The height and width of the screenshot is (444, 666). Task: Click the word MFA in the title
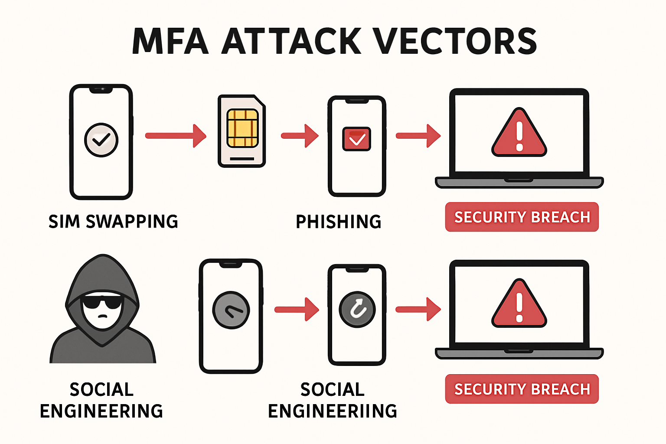[170, 42]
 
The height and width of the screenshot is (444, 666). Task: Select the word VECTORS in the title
[455, 42]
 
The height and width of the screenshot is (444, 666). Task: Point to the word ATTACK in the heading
[291, 42]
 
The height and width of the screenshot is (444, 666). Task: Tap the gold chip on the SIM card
[242, 128]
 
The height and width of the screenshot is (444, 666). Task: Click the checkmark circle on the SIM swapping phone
[101, 140]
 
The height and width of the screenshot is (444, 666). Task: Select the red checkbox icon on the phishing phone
[356, 139]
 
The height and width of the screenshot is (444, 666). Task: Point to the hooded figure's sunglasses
[102, 301]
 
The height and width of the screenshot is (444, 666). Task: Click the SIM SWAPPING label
[113, 222]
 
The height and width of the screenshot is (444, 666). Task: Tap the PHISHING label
[338, 222]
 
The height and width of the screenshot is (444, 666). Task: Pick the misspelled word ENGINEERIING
[333, 411]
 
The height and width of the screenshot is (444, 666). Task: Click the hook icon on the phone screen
[357, 310]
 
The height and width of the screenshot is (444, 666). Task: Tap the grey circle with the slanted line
[231, 310]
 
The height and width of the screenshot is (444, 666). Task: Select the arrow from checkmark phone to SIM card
[175, 136]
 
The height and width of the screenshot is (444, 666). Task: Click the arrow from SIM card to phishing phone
[300, 136]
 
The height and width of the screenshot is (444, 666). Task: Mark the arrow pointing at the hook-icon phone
[297, 309]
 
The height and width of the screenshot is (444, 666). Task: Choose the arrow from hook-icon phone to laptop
[418, 309]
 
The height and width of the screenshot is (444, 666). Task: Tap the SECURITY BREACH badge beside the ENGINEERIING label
[522, 389]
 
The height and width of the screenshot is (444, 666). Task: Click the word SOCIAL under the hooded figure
[101, 389]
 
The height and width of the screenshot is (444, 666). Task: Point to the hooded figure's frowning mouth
[102, 316]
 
